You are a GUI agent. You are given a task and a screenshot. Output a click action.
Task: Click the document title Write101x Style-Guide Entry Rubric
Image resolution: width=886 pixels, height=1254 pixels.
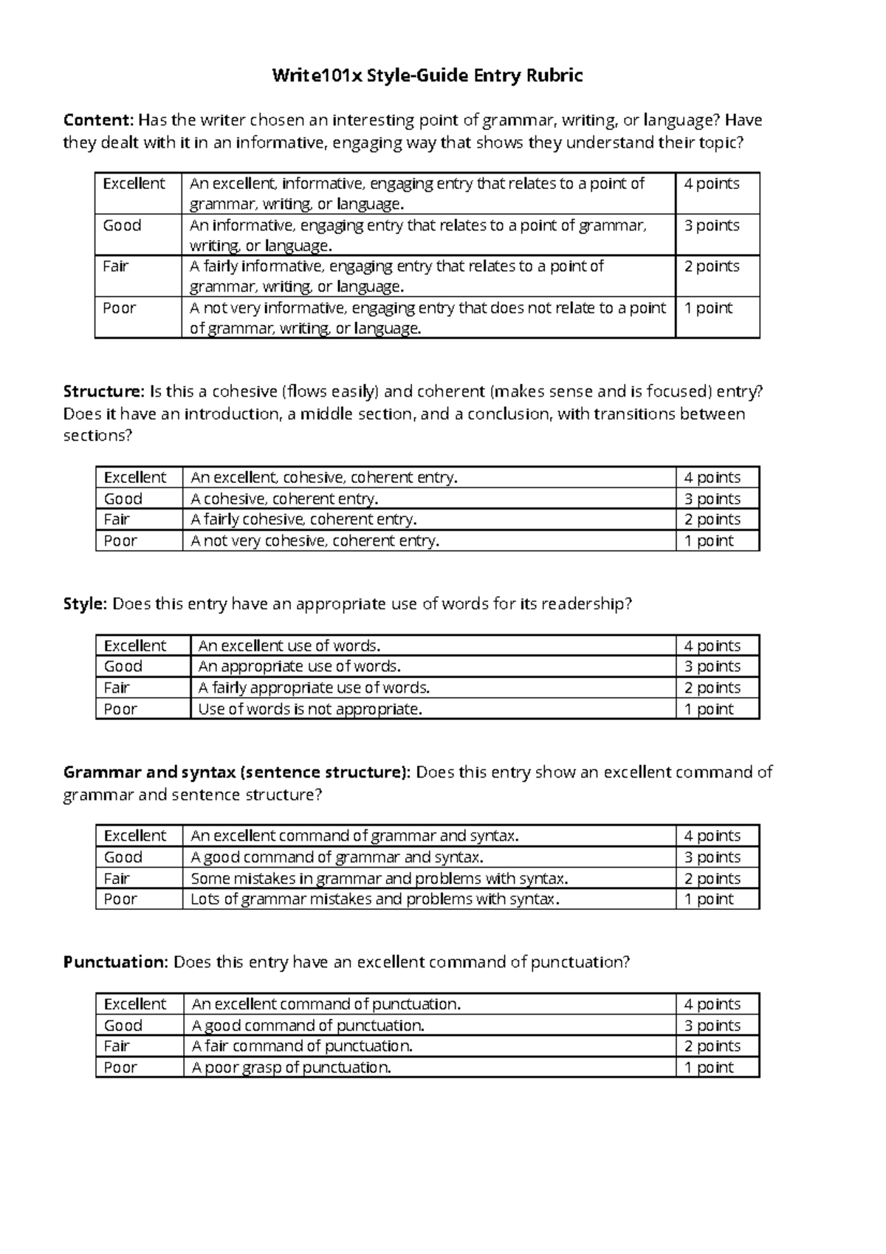click(427, 75)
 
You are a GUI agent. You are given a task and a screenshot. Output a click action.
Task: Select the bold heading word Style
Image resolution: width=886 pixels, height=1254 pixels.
click(85, 604)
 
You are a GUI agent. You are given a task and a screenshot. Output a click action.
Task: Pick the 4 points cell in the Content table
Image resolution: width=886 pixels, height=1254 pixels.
click(711, 184)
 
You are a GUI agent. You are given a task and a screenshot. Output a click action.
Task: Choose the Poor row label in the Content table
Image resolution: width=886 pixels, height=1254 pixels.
click(120, 308)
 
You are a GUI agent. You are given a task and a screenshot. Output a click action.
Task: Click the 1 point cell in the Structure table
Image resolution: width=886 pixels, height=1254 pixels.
click(709, 541)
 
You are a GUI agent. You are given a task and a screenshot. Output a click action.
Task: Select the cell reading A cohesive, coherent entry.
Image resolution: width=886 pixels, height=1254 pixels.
click(284, 498)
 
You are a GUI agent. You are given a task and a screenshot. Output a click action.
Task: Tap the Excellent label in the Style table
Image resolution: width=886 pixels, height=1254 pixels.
click(135, 645)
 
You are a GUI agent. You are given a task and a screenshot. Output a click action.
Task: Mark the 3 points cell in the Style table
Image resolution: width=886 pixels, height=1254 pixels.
click(712, 666)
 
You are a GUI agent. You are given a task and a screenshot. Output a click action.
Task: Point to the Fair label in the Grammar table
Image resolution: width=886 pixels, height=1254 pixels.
click(117, 878)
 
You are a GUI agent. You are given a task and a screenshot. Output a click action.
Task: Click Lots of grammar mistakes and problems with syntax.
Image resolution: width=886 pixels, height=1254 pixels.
click(375, 899)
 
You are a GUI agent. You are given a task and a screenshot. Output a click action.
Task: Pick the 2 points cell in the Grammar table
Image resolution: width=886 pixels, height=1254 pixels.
click(712, 878)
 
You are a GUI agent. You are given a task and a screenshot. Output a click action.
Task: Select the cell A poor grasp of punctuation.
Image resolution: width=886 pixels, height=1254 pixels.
click(291, 1067)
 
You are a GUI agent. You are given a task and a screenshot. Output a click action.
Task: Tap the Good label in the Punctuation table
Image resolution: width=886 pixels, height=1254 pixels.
click(123, 1025)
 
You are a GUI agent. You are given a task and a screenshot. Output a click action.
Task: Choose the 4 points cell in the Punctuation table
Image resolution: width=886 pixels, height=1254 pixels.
click(712, 1004)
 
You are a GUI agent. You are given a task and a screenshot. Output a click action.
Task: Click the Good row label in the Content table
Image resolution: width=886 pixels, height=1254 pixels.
click(122, 225)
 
